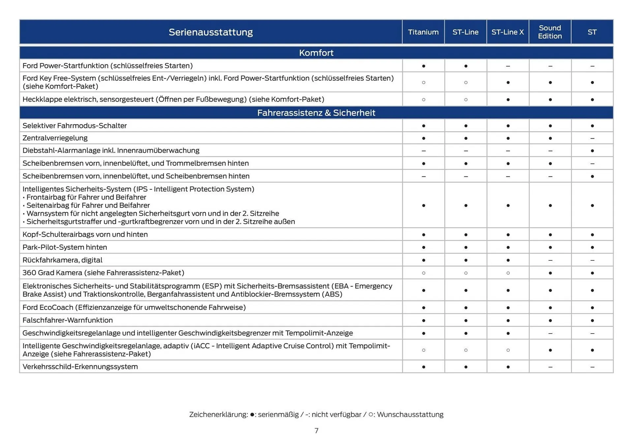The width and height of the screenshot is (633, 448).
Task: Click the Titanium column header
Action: tap(423, 32)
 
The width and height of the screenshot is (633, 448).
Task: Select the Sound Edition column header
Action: tap(550, 32)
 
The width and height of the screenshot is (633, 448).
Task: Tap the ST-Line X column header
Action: tap(507, 32)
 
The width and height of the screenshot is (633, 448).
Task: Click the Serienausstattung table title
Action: tap(211, 32)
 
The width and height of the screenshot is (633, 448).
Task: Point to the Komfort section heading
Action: tap(316, 53)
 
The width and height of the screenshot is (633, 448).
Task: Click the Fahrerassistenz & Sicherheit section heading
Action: tap(316, 113)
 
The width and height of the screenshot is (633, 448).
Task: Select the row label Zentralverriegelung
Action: tap(55, 138)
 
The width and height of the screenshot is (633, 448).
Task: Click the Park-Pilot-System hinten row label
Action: tap(65, 247)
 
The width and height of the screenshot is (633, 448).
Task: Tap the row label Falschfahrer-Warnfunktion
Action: tap(68, 320)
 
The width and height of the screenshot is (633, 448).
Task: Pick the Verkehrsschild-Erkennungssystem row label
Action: tap(80, 367)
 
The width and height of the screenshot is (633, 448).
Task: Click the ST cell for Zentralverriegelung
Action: tap(592, 138)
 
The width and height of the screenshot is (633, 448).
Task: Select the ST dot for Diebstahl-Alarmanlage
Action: tap(592, 151)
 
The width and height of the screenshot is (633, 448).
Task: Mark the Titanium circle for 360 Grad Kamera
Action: tap(423, 273)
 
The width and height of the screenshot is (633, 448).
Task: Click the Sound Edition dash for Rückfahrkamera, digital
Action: tap(550, 260)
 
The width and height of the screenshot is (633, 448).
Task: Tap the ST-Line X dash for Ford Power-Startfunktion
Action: tap(508, 66)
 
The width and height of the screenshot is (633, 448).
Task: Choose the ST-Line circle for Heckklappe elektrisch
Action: tap(466, 100)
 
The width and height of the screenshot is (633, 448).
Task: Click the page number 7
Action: tap(316, 431)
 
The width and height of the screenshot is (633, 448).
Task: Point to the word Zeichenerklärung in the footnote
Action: tap(218, 414)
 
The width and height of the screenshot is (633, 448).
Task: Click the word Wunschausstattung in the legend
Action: tap(410, 414)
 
